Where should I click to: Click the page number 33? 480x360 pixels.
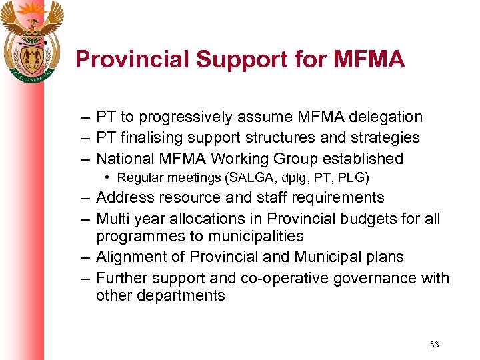coord(434,345)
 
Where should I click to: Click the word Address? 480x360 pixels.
coord(123,197)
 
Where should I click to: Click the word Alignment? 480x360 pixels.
coord(132,257)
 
